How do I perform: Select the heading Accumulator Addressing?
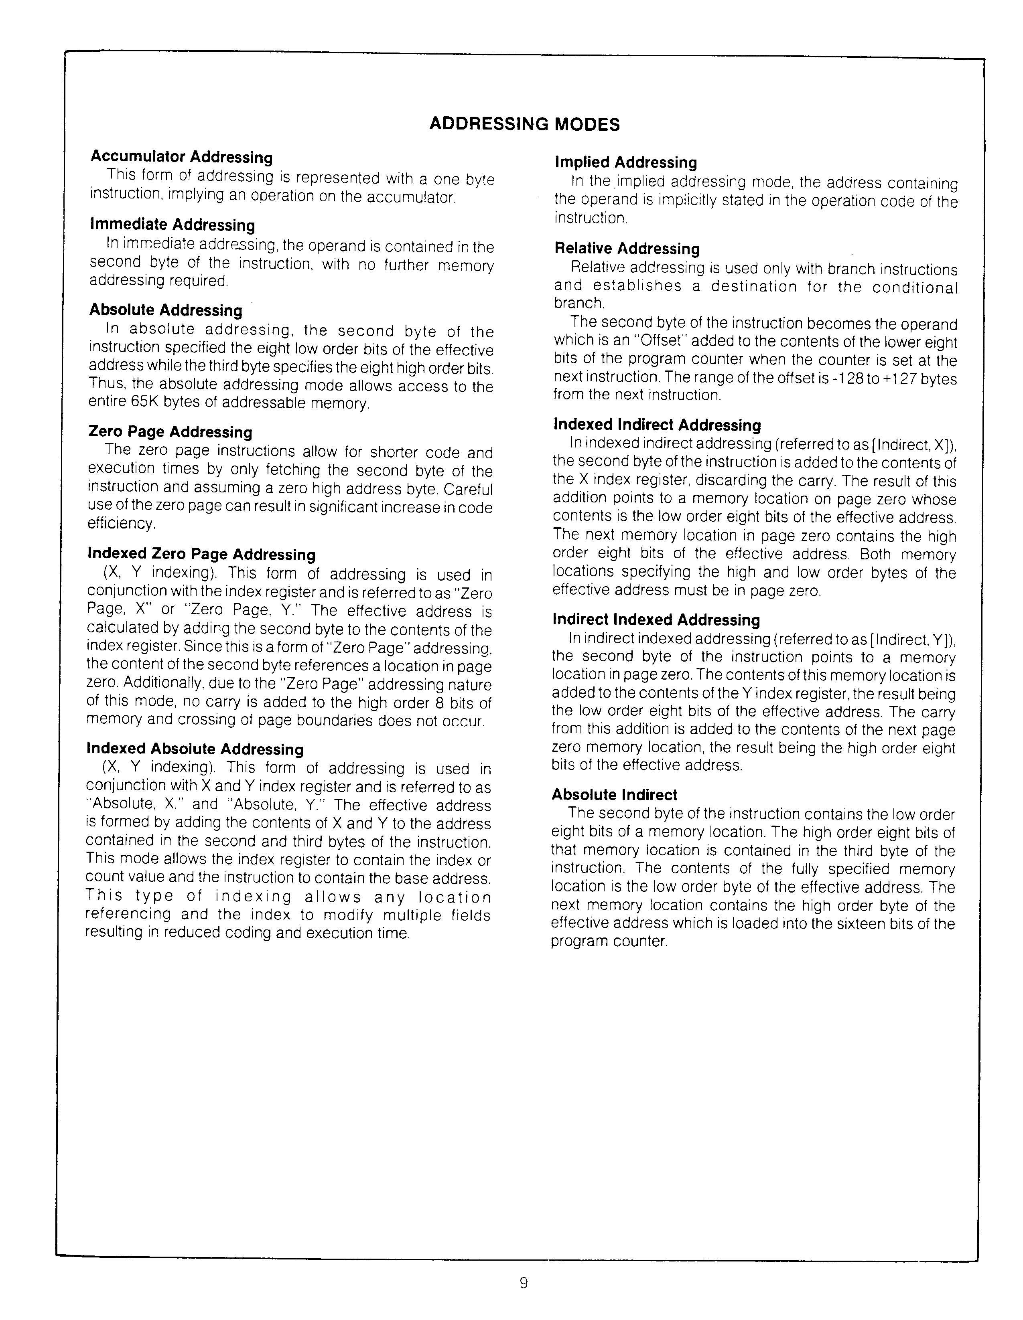(181, 157)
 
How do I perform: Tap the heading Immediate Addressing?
(173, 225)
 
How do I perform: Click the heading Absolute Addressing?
(166, 310)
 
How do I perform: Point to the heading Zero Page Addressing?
(170, 431)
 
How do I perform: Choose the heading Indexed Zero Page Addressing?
(201, 554)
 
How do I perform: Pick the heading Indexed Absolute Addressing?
(195, 749)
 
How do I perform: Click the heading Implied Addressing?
(626, 162)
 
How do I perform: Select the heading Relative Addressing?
(627, 249)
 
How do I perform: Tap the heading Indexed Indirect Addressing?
(657, 425)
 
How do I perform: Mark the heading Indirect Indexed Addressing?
(656, 620)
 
